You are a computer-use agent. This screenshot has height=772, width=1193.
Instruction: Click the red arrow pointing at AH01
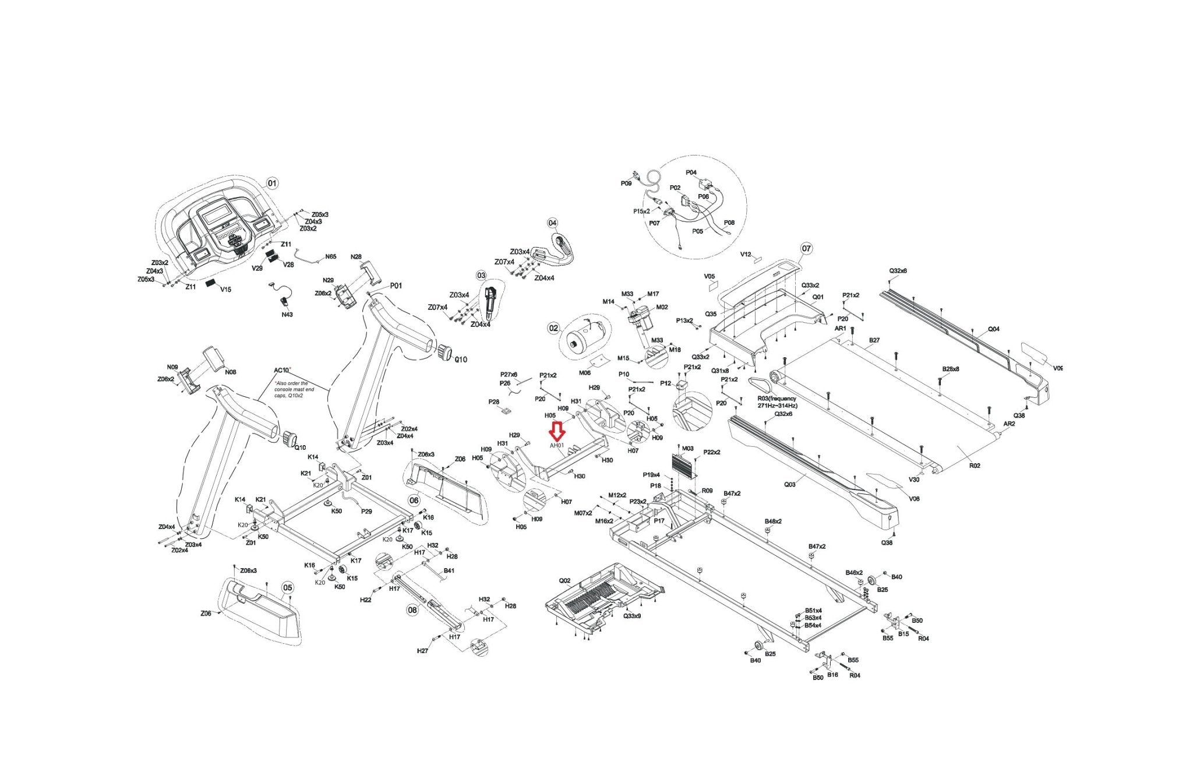557,431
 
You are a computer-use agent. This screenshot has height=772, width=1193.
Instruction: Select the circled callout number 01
272,183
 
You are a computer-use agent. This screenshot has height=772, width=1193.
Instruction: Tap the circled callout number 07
806,249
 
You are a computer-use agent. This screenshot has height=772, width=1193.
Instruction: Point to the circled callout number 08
412,610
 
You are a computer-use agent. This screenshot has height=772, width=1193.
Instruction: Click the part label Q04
993,329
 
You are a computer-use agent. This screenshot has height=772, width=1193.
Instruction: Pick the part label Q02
564,581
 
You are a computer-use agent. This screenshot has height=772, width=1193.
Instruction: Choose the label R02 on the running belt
975,466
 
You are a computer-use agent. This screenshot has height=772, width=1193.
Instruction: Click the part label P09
626,184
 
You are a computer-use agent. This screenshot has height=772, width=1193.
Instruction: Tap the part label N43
287,315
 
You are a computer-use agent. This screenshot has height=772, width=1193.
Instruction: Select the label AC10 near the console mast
282,371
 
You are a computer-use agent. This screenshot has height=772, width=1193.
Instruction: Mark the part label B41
449,571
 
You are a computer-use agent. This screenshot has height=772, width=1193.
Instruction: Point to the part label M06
585,373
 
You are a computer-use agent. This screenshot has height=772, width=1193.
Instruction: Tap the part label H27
423,651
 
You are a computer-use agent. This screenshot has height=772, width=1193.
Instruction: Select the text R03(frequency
776,399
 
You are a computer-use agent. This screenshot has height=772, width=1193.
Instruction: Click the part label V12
746,255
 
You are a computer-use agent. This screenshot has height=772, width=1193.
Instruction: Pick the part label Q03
789,484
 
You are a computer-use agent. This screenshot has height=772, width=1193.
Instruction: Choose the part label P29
366,511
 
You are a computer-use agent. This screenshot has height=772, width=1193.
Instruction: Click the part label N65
330,256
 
